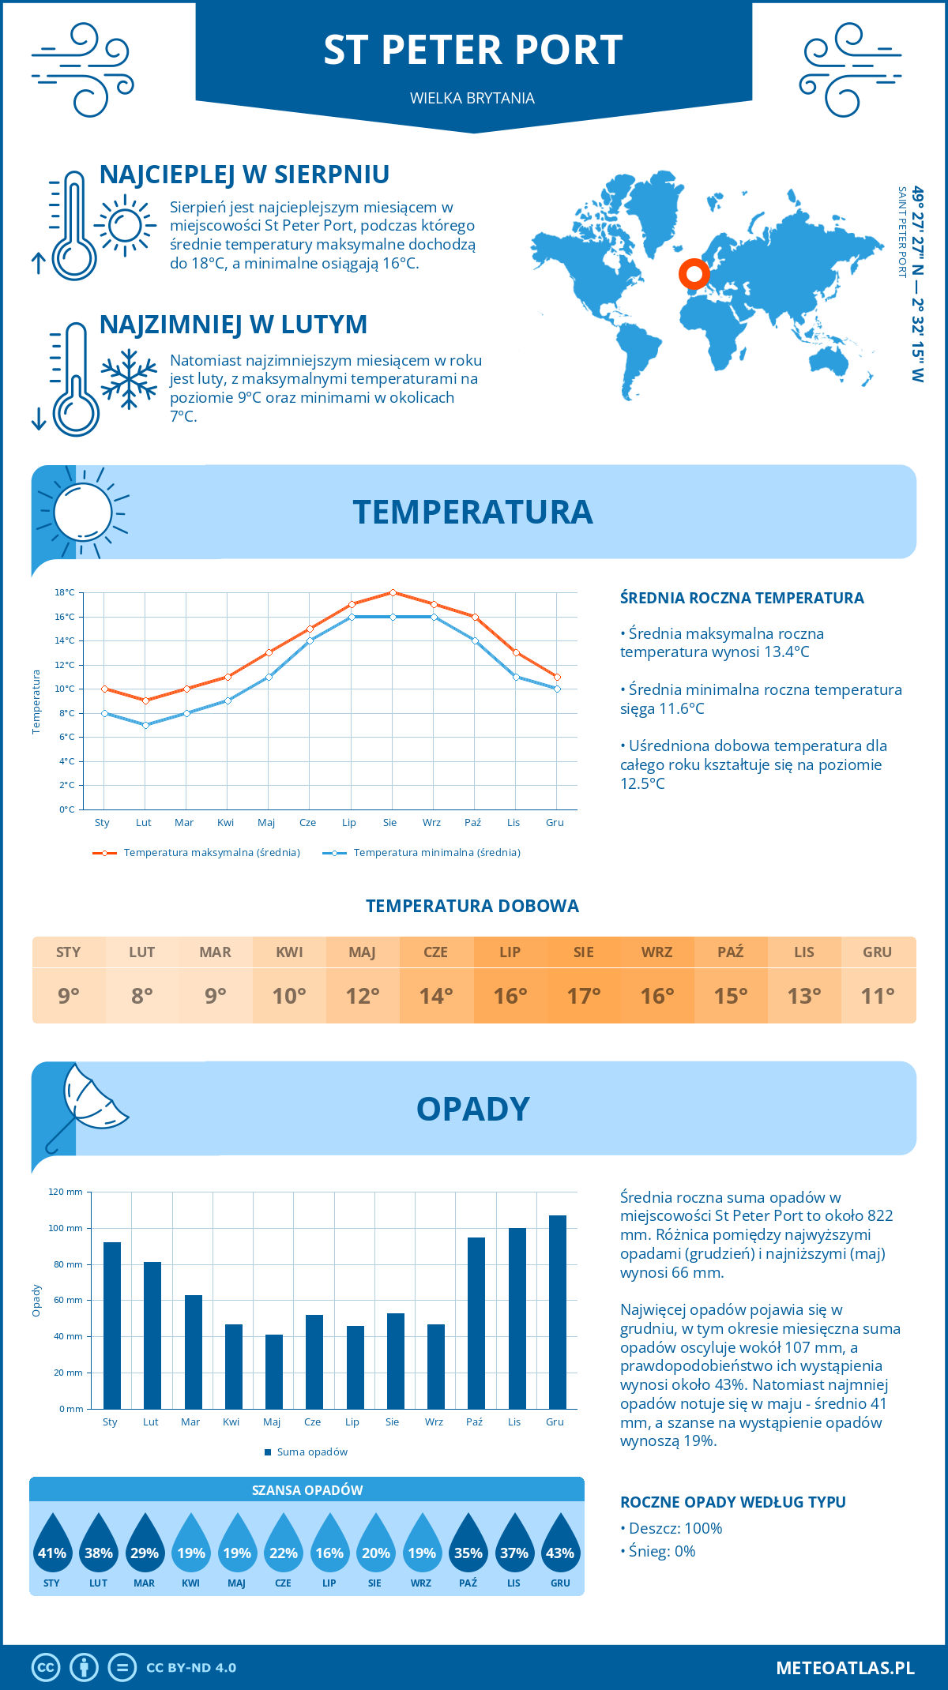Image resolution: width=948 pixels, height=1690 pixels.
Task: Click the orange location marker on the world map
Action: (694, 274)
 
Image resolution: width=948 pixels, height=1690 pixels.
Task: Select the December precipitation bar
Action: (558, 1312)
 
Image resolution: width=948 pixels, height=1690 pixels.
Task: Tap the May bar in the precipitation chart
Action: (274, 1372)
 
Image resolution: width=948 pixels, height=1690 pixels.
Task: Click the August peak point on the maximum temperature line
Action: (393, 592)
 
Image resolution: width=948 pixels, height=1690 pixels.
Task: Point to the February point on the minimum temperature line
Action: (145, 725)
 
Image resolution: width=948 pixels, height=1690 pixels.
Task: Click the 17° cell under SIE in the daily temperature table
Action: (583, 996)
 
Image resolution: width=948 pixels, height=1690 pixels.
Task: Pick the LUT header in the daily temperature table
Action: (142, 952)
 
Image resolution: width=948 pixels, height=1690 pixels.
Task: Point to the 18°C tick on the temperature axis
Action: (65, 592)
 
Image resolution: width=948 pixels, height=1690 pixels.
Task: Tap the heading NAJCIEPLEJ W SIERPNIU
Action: (244, 175)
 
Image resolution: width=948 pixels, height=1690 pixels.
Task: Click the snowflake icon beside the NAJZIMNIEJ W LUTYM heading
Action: (129, 380)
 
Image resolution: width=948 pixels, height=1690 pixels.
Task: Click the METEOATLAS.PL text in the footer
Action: (845, 1667)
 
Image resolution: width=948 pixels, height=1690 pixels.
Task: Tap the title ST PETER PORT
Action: (473, 50)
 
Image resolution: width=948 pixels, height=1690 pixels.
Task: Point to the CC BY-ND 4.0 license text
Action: (191, 1668)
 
